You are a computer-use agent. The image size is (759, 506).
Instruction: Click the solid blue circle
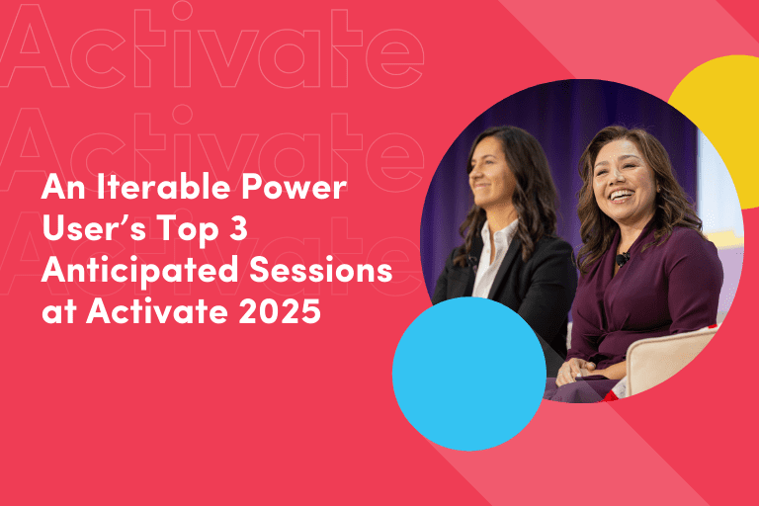point(469,374)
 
